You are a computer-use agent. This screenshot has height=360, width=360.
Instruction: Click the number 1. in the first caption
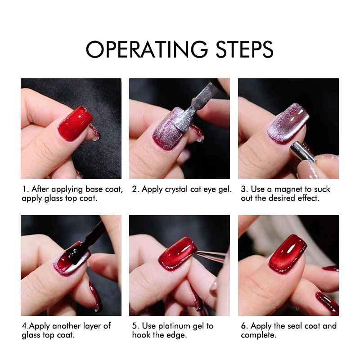25,189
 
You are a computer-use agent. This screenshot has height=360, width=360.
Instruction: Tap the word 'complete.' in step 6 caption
259,335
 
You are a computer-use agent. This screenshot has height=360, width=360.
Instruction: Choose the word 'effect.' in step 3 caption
306,198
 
